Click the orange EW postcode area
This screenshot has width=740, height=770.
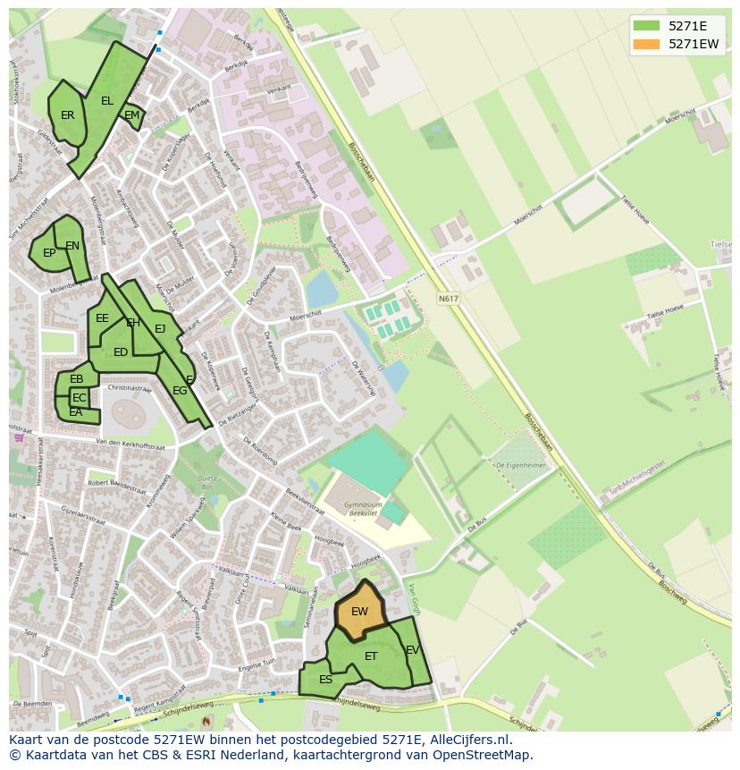click(359, 611)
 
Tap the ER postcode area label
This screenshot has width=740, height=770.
click(68, 115)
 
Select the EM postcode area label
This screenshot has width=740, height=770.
click(132, 115)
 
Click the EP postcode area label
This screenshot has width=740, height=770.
click(49, 253)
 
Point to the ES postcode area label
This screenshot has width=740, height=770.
click(325, 680)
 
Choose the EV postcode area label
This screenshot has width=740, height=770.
click(412, 650)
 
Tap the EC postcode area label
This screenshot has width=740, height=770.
click(80, 398)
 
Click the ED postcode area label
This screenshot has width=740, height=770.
click(121, 352)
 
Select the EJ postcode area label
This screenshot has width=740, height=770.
click(160, 329)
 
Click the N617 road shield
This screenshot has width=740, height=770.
click(448, 298)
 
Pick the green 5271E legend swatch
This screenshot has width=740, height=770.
click(646, 26)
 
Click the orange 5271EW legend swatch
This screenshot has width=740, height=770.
click(646, 44)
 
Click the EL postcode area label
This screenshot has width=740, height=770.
click(107, 101)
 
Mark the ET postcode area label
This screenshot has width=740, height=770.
click(371, 656)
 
